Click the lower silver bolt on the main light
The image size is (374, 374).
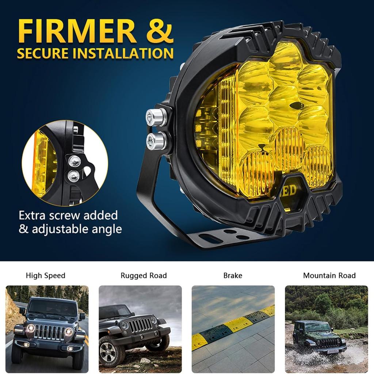155,141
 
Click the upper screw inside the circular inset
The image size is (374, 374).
75,160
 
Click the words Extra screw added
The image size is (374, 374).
68,215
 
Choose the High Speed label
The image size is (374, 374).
46,275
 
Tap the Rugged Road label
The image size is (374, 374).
144,275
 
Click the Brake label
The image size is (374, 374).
233,275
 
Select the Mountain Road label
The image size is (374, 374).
329,275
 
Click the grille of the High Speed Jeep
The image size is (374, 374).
49,332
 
